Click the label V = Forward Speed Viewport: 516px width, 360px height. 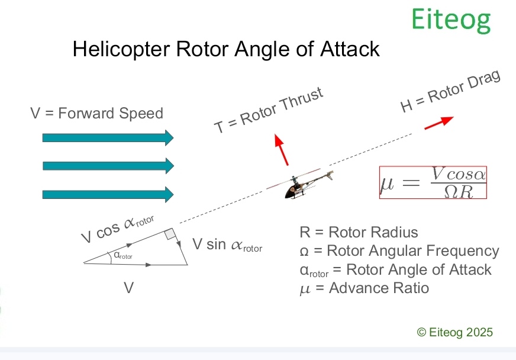[x=96, y=113]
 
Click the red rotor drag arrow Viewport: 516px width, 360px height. [x=438, y=122]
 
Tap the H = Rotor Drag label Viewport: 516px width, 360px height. [x=450, y=92]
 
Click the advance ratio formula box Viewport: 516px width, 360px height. [x=433, y=182]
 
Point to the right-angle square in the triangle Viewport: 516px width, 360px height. [x=170, y=234]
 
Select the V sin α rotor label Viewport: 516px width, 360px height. [x=227, y=245]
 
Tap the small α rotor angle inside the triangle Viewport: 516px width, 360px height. [x=122, y=256]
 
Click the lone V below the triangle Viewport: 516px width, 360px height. [x=128, y=288]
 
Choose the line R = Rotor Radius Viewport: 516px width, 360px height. [x=359, y=232]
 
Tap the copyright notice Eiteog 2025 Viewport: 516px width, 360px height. [x=455, y=332]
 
